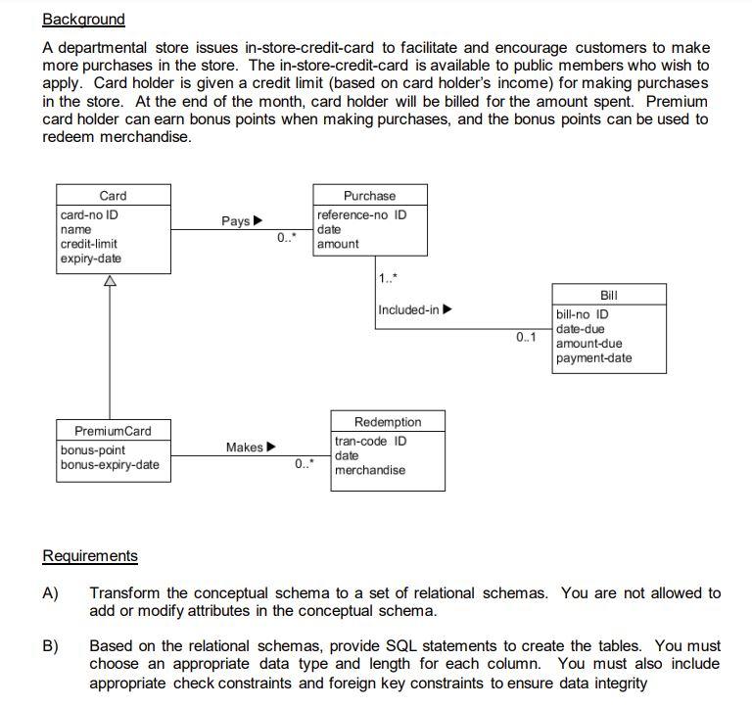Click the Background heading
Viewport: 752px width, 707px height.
(84, 20)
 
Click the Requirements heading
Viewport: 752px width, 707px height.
(90, 556)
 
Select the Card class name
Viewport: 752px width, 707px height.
(113, 196)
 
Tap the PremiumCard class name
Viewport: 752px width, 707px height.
(113, 431)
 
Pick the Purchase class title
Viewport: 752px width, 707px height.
(369, 196)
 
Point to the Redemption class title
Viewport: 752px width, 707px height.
(388, 422)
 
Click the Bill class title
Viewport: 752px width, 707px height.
(608, 295)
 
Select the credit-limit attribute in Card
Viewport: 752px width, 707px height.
(89, 244)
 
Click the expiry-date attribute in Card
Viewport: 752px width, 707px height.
(91, 259)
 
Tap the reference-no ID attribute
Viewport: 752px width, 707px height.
(361, 214)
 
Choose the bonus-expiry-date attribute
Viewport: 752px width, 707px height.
(110, 464)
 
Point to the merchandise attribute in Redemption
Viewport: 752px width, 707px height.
(370, 470)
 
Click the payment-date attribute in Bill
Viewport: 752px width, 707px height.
(593, 358)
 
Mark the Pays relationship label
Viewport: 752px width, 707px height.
(235, 221)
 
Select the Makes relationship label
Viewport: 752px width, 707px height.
(244, 448)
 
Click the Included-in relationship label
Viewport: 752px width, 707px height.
(409, 310)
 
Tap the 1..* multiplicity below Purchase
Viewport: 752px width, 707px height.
(388, 279)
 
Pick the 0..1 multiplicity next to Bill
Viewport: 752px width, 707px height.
(526, 338)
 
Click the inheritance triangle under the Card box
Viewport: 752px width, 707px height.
(110, 281)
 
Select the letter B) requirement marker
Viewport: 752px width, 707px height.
(50, 646)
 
